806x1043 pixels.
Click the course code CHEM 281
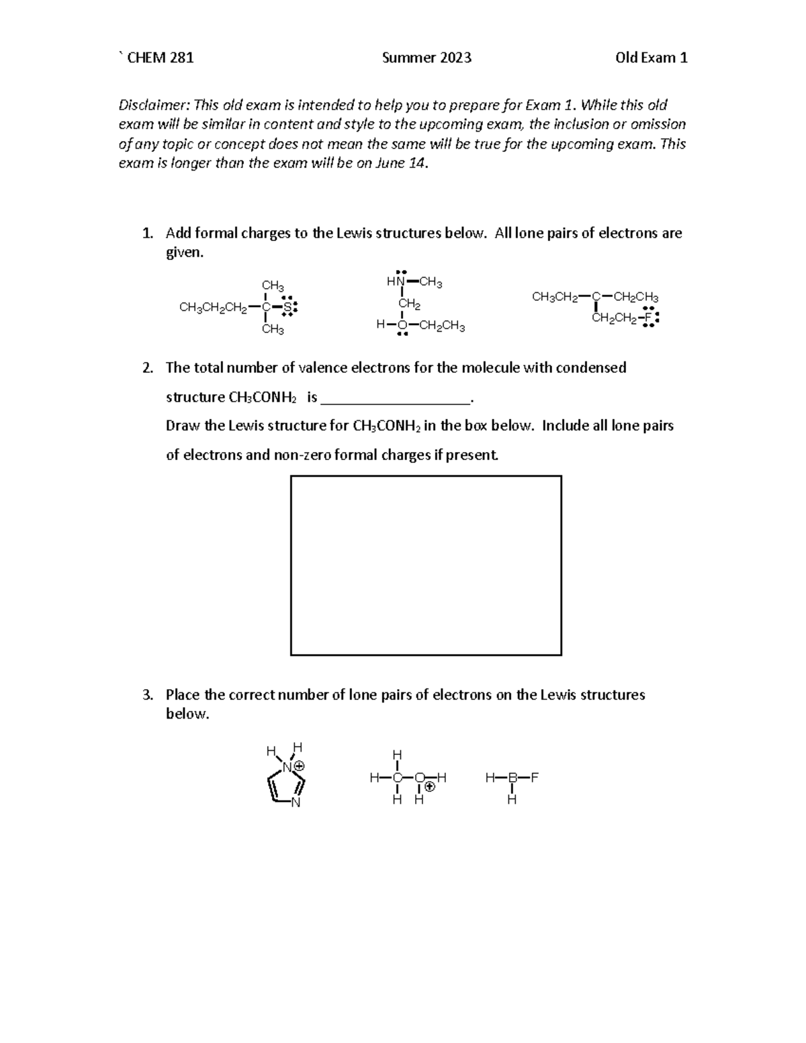click(161, 58)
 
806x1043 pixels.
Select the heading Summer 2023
click(427, 58)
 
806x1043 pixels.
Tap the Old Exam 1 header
click(651, 58)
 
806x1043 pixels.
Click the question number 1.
click(147, 233)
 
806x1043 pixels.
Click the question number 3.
click(147, 694)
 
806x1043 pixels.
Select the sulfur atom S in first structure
click(287, 308)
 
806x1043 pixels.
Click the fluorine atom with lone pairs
click(647, 318)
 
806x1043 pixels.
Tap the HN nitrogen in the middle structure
click(401, 283)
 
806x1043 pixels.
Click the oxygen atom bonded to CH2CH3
click(402, 326)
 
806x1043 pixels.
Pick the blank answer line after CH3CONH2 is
click(396, 398)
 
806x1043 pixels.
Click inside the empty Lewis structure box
click(426, 565)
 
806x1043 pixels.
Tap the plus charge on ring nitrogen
click(300, 766)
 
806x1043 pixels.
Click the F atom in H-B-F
click(535, 778)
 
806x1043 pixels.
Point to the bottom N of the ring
click(296, 803)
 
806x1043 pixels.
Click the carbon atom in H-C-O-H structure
click(398, 778)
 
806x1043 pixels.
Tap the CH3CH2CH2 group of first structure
click(212, 308)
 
